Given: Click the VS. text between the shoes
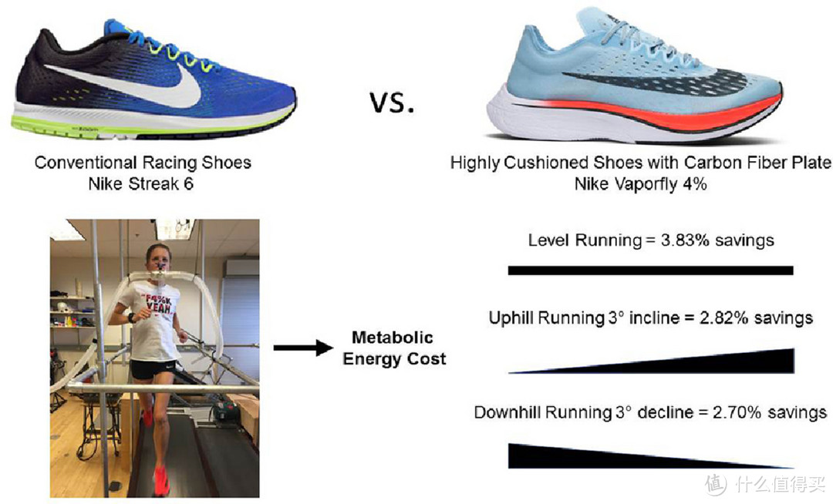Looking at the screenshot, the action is pos(392,102).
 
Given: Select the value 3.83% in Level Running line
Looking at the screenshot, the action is pos(685,240).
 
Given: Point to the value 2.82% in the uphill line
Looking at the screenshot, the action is pos(723,318).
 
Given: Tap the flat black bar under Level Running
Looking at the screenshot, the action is pos(650,270).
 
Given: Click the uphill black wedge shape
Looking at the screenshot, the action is pos(690,364).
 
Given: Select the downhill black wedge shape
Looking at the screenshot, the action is pos(611,457).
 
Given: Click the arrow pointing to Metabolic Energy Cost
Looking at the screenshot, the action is pos(303,348).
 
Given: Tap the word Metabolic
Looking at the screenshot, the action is pos(392,338).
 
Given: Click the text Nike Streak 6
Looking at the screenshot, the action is pos(141,184).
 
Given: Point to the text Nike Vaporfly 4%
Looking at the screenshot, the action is pos(641,185).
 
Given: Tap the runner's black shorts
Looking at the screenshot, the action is pos(153,368).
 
